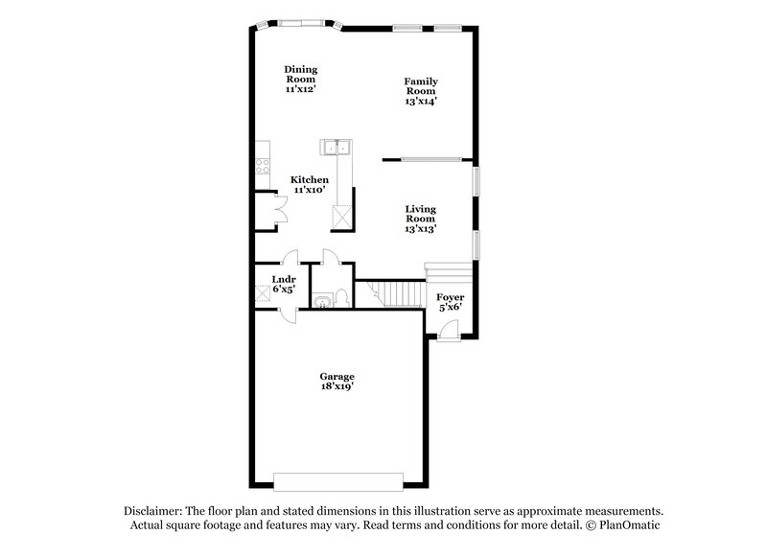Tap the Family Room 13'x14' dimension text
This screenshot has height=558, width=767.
[421, 100]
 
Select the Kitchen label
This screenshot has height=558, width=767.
[309, 179]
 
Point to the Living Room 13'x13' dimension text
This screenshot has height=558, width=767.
[420, 229]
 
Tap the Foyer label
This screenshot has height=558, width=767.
[450, 297]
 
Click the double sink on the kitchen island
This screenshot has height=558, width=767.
[337, 148]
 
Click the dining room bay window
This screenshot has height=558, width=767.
[301, 22]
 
